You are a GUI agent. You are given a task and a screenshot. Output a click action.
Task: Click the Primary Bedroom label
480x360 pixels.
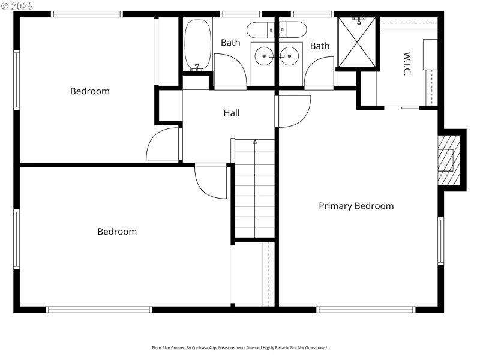pos(356,206)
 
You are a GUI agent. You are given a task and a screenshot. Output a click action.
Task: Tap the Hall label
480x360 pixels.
pos(232,113)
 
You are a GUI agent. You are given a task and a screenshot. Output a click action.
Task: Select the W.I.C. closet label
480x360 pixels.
pos(406,64)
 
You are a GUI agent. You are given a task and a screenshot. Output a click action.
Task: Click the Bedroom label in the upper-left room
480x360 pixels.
pos(90,91)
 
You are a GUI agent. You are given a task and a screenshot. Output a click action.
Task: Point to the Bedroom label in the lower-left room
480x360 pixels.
pos(117,232)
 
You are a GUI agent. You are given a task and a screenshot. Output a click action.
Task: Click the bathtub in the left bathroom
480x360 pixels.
pos(197,45)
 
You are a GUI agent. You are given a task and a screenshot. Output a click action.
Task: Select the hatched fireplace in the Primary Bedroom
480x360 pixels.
pos(448,160)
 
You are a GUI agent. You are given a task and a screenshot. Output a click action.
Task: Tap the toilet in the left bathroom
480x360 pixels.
pos(260,29)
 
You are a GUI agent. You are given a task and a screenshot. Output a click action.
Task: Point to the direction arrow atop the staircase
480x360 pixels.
pos(255,142)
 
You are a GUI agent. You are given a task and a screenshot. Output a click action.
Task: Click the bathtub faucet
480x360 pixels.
pos(197,67)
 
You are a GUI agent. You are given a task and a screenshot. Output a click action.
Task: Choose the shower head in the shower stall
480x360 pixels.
pos(359,20)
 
